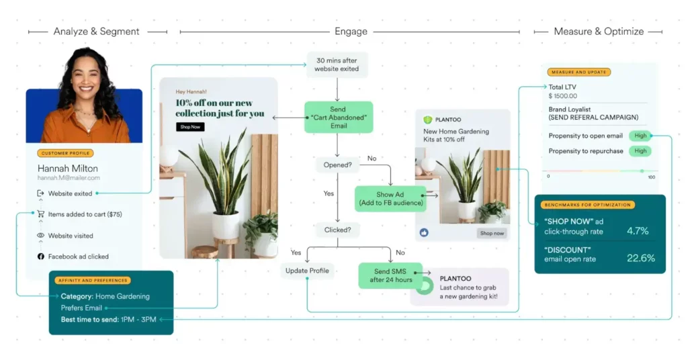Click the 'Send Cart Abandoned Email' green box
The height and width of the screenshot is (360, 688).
338,117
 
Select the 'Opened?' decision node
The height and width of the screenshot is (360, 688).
337,165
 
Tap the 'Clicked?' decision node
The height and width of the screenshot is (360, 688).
337,229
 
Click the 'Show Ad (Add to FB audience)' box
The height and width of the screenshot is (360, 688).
390,199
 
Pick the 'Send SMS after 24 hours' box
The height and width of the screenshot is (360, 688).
390,275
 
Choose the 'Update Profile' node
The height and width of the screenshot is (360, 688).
307,271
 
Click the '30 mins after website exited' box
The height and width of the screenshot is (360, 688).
337,64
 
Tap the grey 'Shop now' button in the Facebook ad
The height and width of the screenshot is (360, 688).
492,233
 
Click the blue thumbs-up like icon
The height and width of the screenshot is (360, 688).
425,232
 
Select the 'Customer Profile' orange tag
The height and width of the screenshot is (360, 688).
65,153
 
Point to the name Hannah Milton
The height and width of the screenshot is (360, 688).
67,168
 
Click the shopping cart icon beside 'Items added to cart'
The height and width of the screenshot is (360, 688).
40,214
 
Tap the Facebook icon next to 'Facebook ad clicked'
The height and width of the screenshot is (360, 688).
40,257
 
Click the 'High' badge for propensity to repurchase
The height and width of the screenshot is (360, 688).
640,151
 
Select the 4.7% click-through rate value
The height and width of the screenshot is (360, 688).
638,231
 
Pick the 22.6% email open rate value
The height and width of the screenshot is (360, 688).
640,258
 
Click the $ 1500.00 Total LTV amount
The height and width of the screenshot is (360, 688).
563,96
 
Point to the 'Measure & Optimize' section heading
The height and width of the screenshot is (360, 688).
599,32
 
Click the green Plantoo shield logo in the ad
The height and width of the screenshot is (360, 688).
427,120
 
